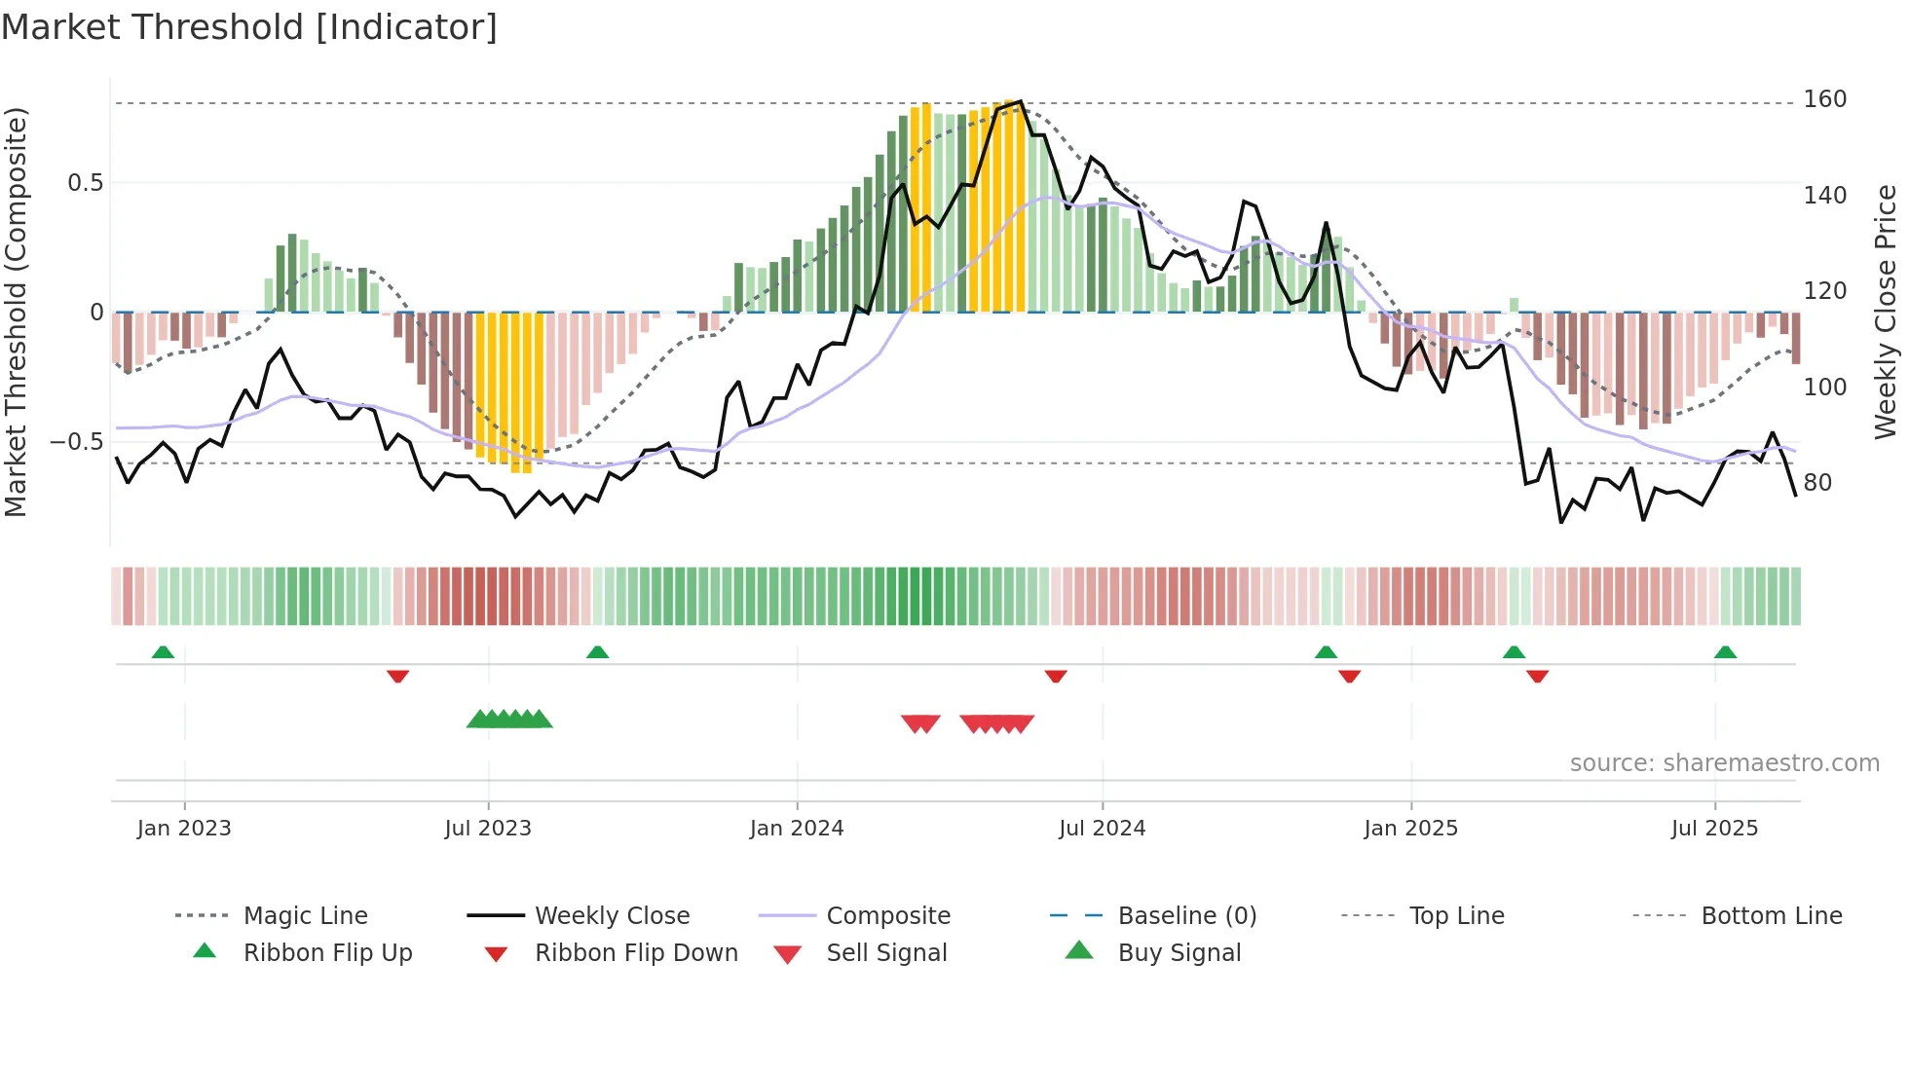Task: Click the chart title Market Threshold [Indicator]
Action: tap(249, 27)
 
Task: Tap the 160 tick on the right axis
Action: tap(1824, 99)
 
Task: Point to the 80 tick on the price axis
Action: tap(1816, 483)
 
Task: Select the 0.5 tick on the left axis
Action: tap(85, 183)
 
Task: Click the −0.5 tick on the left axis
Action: tap(77, 442)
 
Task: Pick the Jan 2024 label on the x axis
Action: tap(796, 829)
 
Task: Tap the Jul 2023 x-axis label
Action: tap(487, 829)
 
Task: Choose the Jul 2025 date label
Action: tap(1714, 829)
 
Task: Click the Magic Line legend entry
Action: tap(305, 916)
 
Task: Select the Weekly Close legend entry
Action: tap(612, 916)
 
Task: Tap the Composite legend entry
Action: tap(887, 916)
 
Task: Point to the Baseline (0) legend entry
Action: tap(1186, 916)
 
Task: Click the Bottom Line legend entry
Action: tap(1771, 916)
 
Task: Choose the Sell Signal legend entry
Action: tap(885, 953)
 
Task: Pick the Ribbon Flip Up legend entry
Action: tap(327, 953)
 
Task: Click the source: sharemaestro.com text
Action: tap(1724, 763)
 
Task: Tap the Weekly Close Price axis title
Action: tap(1886, 312)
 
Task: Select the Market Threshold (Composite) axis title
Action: tap(16, 312)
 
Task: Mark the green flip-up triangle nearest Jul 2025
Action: tap(1725, 652)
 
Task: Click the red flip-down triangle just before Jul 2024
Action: tap(1056, 676)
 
